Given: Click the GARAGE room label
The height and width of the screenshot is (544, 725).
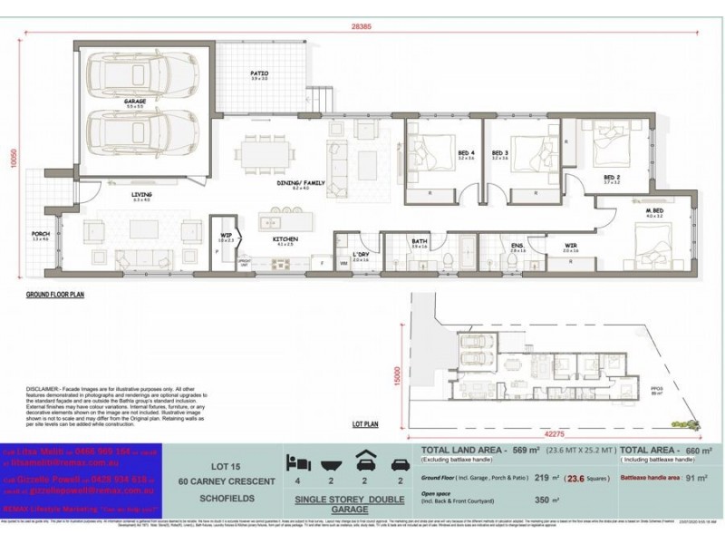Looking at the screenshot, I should [x=136, y=102].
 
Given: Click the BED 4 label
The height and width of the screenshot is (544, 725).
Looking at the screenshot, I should [x=440, y=152].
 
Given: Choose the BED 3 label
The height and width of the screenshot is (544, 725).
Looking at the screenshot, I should [x=498, y=152].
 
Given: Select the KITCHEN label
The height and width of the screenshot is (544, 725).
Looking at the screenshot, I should [x=286, y=239].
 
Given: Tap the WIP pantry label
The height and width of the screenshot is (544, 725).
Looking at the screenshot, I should [x=225, y=237].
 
